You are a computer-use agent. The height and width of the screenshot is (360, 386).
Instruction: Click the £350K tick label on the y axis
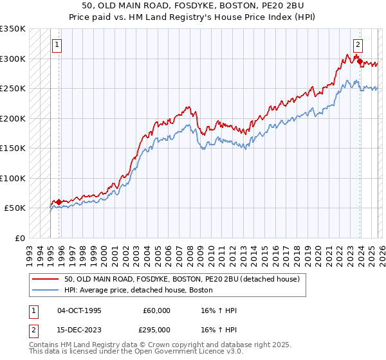[13, 29]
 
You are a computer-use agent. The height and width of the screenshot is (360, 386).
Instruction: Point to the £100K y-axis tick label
[13, 178]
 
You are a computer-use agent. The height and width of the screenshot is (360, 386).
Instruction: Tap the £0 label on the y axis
[20, 238]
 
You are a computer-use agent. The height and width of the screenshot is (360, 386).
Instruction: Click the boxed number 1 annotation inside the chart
[58, 45]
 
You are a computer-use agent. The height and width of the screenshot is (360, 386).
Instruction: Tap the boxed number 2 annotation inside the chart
[358, 45]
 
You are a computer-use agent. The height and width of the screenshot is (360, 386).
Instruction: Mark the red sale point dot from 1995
[59, 202]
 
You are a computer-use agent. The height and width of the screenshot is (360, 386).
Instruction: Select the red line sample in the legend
[46, 280]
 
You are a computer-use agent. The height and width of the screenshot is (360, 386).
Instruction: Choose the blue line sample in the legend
[46, 291]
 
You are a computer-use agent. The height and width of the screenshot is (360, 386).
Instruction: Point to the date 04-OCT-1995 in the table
[79, 310]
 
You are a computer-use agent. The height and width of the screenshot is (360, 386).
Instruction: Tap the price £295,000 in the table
[157, 330]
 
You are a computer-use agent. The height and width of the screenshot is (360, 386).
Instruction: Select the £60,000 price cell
[157, 310]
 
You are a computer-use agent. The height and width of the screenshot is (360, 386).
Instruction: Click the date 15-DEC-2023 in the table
[79, 330]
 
